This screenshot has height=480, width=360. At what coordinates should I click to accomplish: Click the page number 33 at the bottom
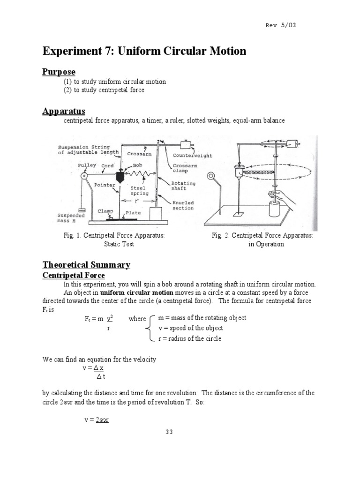click(x=169, y=432)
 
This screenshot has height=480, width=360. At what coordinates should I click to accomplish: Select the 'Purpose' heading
click(x=59, y=72)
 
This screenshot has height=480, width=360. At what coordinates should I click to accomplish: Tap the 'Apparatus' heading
click(x=64, y=111)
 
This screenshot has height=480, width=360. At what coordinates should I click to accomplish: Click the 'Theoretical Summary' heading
click(x=86, y=265)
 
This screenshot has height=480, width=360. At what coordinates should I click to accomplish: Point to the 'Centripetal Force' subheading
click(x=74, y=275)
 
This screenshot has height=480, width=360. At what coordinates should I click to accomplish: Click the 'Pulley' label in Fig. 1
click(x=87, y=165)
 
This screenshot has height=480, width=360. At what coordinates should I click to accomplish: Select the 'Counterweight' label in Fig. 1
click(x=192, y=155)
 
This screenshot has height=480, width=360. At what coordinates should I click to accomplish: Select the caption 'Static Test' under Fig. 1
click(x=119, y=244)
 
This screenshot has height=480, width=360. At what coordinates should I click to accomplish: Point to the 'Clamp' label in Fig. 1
click(x=105, y=211)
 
